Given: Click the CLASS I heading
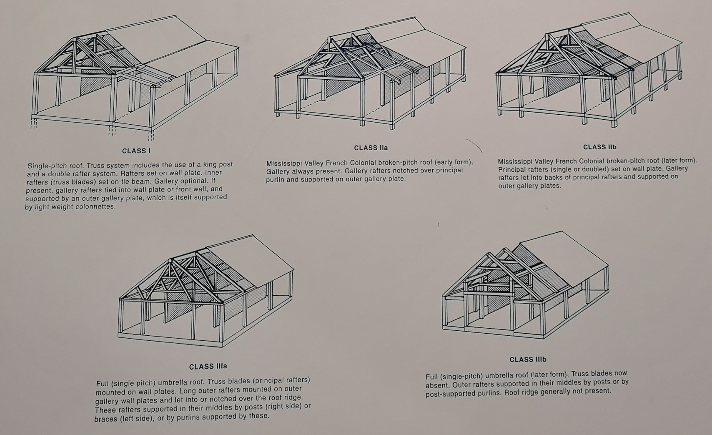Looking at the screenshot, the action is pyautogui.click(x=136, y=151).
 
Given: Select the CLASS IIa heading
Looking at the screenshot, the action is pyautogui.click(x=371, y=148).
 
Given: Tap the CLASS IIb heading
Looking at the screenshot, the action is pyautogui.click(x=600, y=147).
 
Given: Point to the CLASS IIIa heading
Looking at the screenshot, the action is pyautogui.click(x=208, y=367).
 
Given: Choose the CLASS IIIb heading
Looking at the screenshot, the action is pyautogui.click(x=528, y=360).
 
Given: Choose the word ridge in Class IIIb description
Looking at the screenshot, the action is pyautogui.click(x=535, y=392).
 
